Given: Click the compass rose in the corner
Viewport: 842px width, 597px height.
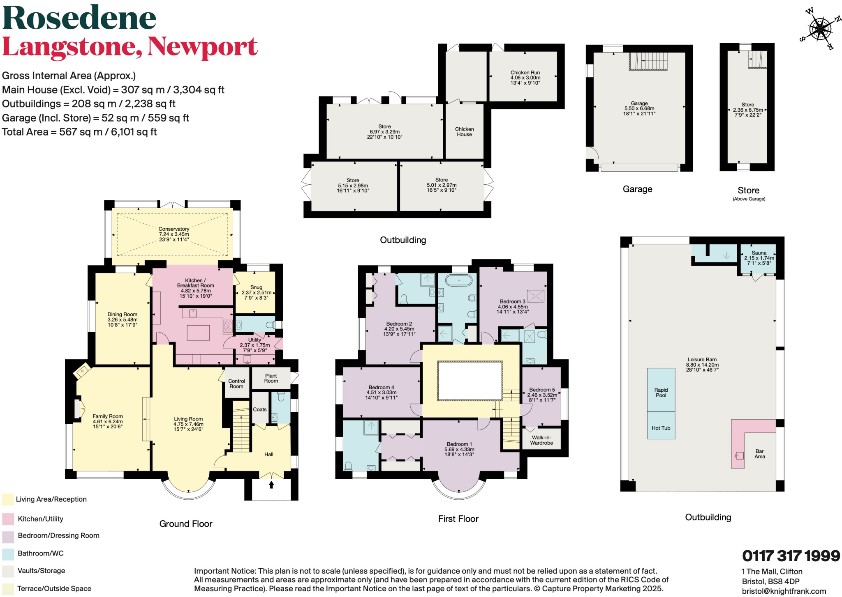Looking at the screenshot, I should (x=819, y=29).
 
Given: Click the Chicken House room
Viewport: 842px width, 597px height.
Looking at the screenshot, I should (x=464, y=131).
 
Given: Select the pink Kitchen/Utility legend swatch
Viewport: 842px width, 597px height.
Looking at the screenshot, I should (x=8, y=519).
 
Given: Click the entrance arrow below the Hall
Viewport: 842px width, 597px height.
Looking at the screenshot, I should (x=271, y=485).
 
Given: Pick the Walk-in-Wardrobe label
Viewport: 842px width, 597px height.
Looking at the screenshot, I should (x=541, y=440).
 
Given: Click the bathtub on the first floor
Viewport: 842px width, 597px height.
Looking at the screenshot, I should (x=458, y=281).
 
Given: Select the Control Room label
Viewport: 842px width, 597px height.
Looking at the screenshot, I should (x=236, y=383).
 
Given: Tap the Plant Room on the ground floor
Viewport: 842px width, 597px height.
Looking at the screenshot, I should (x=271, y=378).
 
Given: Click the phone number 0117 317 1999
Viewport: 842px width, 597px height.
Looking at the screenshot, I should (x=791, y=556).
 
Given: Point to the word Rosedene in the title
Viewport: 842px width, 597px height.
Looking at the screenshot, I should (x=79, y=18).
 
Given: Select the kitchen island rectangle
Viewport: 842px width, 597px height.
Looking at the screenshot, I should (x=198, y=333).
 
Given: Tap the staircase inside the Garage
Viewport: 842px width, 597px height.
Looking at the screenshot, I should (x=648, y=61).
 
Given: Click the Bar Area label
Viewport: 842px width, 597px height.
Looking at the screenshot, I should (x=759, y=454).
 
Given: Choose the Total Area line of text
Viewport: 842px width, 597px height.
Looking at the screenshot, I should (x=79, y=132).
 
